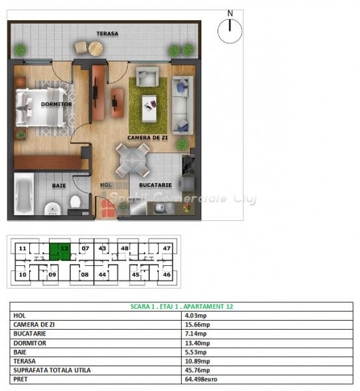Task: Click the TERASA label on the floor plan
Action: coord(107,33)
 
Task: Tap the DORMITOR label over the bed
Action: coord(57,104)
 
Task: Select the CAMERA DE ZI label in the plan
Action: coord(148,138)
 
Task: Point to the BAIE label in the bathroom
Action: coord(59,186)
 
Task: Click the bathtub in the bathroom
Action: coord(24,194)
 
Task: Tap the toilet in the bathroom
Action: coord(75,202)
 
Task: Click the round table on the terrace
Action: coord(96,48)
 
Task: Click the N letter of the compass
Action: coord(230,13)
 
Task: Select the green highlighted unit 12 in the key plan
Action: coord(60,252)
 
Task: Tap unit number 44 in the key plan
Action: coord(102,274)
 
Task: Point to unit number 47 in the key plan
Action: coord(167,248)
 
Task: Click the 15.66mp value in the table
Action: coord(197,325)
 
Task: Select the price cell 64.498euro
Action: coord(201,379)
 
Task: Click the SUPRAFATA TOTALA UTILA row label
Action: coord(52,370)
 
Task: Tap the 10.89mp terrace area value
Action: coord(197,361)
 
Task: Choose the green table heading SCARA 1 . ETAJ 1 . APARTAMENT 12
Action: coord(182,306)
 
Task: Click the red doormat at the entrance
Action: coord(108,209)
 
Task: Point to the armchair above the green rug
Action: coord(148,76)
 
